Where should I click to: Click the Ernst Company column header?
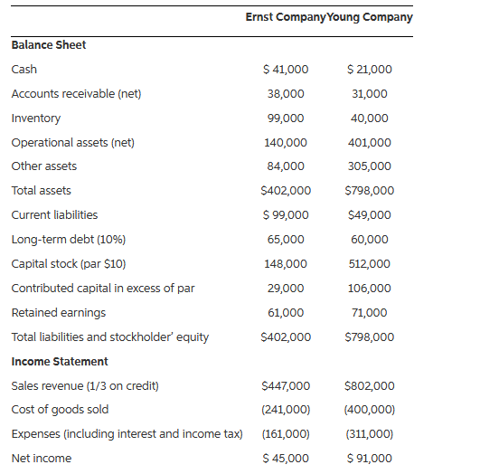[281, 17]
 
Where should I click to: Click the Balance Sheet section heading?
[49, 45]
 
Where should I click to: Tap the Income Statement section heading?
[60, 362]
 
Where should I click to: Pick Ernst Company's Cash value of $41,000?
[285, 70]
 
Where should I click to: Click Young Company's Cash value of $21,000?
[370, 70]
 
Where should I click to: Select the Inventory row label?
[36, 118]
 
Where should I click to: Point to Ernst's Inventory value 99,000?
[286, 118]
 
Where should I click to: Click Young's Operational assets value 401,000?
[370, 143]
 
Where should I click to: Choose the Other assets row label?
[44, 166]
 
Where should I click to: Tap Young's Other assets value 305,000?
[370, 166]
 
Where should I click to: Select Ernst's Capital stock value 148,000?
[286, 264]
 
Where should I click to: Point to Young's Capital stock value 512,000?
[370, 264]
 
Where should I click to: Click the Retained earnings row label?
[59, 313]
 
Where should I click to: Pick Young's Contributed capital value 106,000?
[370, 289]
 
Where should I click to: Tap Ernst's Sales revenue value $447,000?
[285, 386]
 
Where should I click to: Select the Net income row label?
[42, 459]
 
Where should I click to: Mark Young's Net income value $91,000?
[370, 459]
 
